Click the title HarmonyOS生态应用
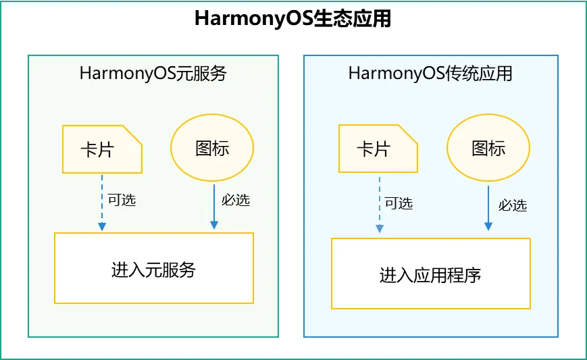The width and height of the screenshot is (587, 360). point(292,18)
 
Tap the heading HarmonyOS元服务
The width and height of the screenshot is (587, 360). point(153,74)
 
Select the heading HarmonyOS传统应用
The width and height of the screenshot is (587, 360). point(430,74)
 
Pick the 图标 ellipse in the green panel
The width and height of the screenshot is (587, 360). point(211,149)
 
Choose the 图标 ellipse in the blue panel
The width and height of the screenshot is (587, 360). point(488,149)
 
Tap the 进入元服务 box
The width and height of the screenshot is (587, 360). point(153,268)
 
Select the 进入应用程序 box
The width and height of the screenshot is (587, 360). point(430,274)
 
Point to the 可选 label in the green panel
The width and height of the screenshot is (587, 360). point(122,200)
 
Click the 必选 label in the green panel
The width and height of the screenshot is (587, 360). point(236,200)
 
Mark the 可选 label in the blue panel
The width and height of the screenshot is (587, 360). point(399,203)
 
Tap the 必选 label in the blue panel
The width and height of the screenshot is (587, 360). point(513,205)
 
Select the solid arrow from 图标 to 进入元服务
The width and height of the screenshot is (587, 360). point(214,203)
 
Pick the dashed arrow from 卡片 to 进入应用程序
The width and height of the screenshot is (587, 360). point(379,203)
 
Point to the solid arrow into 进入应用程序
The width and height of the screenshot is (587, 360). point(488,206)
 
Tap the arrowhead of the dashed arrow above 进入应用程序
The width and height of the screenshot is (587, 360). point(379,228)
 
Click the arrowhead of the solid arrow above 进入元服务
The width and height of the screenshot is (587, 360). point(214,224)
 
